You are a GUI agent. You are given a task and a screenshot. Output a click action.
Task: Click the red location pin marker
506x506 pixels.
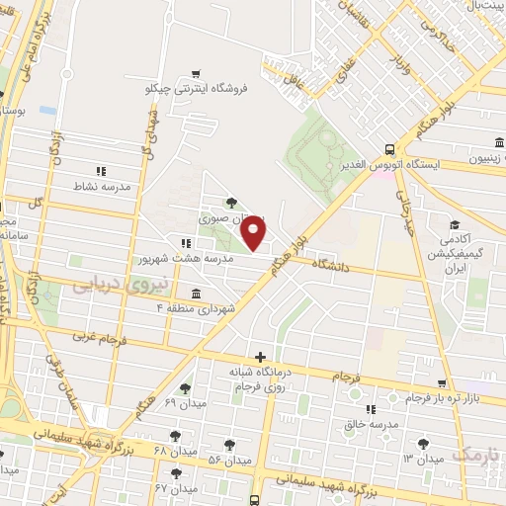click(254, 231)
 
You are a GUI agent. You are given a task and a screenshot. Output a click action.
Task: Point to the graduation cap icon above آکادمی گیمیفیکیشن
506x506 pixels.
click(454, 224)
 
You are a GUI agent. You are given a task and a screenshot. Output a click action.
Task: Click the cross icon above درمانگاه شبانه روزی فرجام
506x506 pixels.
click(259, 356)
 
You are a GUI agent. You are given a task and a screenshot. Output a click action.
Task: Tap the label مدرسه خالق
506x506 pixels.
click(371, 424)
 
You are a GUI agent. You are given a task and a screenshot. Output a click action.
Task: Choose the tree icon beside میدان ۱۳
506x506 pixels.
click(423, 444)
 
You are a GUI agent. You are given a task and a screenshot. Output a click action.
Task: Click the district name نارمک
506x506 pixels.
click(478, 453)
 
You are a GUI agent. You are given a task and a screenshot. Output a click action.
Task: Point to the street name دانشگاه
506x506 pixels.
click(333, 264)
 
